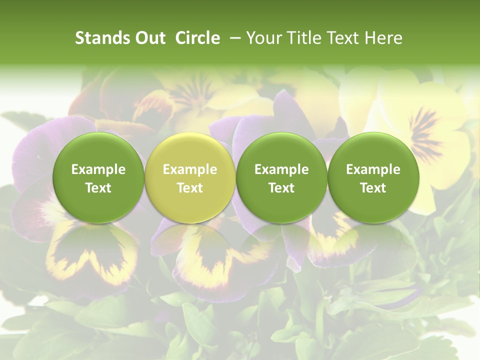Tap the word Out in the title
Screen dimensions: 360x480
click(148, 38)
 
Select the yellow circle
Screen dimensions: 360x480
click(189, 178)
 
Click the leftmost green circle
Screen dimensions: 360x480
click(98, 178)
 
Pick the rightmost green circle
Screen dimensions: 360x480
click(373, 178)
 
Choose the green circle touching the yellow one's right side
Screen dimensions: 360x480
click(281, 178)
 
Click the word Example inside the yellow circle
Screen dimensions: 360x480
click(190, 169)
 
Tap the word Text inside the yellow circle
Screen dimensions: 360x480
click(190, 188)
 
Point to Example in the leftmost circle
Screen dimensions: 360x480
click(98, 169)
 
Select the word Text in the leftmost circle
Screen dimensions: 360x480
click(98, 188)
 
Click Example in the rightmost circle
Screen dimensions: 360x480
click(373, 169)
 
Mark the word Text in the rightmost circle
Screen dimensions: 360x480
click(373, 188)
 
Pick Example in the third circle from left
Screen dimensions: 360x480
click(281, 169)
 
